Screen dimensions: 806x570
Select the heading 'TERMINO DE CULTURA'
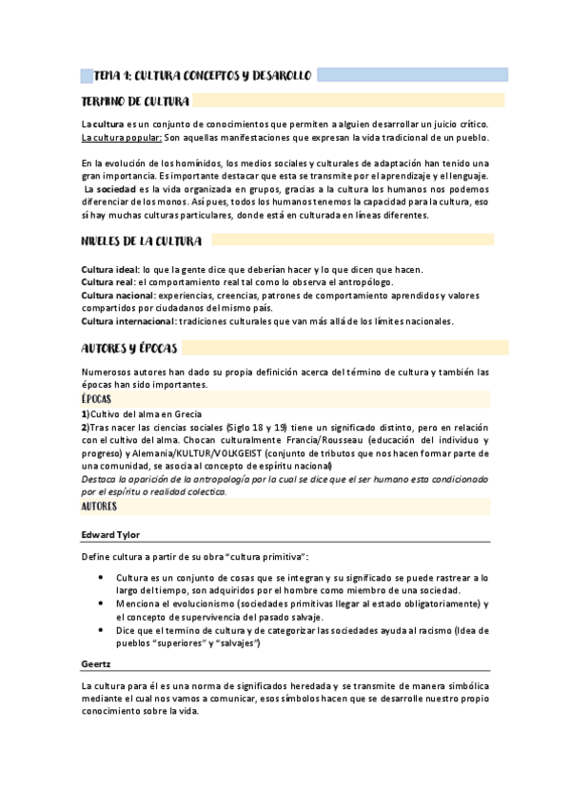[136, 101]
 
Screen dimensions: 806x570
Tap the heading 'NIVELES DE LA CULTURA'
[141, 240]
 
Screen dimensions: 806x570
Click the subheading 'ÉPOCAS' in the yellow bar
[96, 399]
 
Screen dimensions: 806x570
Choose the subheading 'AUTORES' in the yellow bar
[99, 508]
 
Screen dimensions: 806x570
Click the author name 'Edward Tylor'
[110, 535]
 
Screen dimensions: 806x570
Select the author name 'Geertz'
[95, 663]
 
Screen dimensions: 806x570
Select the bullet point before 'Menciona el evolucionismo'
[102, 604]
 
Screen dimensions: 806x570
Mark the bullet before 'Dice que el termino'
[102, 629]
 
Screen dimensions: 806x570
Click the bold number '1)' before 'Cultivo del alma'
[85, 414]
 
